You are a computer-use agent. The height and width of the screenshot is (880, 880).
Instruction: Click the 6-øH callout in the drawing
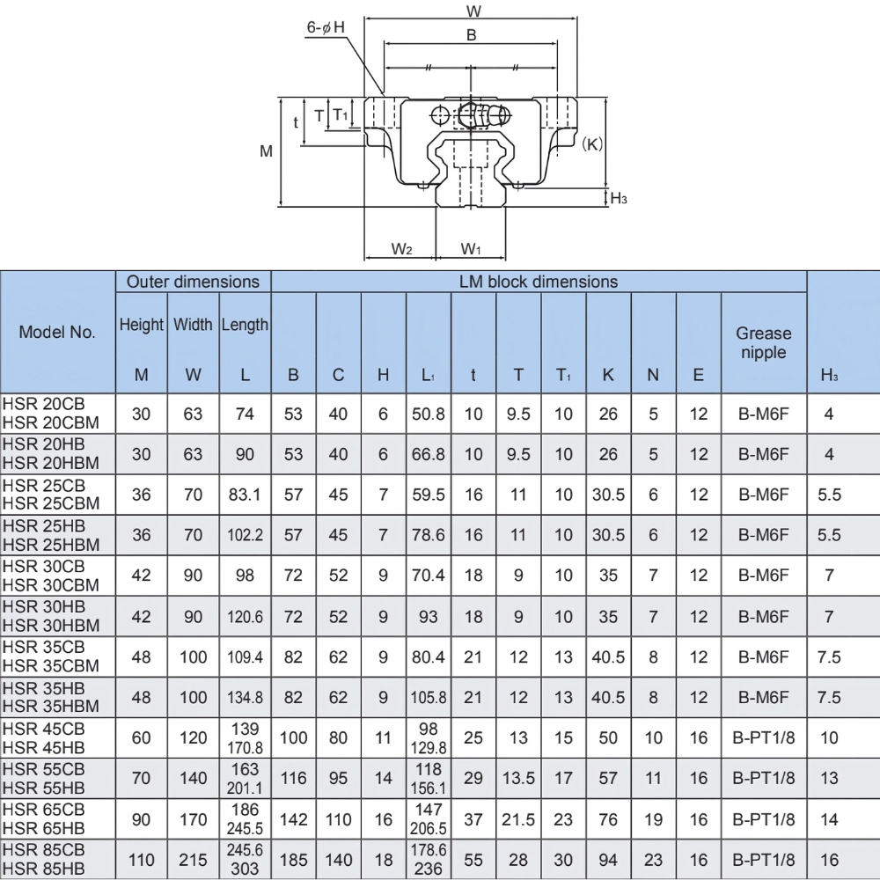(326, 28)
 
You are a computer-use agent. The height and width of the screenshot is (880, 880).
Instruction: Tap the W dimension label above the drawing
(472, 11)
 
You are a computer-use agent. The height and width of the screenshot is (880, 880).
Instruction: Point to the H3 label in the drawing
(619, 199)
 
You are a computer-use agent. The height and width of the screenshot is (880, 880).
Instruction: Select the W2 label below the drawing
(401, 249)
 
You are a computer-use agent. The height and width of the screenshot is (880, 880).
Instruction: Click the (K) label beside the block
(592, 144)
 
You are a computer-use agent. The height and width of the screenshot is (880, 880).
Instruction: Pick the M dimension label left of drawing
(266, 151)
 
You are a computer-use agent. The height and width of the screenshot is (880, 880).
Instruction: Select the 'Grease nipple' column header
(763, 342)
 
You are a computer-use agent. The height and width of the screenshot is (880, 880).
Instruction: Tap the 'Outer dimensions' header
(194, 282)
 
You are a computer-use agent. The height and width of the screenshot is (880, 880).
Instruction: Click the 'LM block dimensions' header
(539, 282)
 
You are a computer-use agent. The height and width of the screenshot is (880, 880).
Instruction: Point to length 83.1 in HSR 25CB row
(244, 495)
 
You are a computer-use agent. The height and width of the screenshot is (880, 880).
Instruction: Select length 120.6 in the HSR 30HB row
(244, 618)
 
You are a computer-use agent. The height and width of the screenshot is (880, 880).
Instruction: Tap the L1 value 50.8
(429, 414)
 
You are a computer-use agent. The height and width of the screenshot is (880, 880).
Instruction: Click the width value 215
(194, 860)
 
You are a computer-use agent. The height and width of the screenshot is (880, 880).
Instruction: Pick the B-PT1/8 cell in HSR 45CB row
(763, 738)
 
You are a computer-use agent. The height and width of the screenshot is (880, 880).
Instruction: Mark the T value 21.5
(518, 819)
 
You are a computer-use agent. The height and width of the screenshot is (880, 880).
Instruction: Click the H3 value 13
(828, 779)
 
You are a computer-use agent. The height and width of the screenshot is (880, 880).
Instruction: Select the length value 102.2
(244, 535)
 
